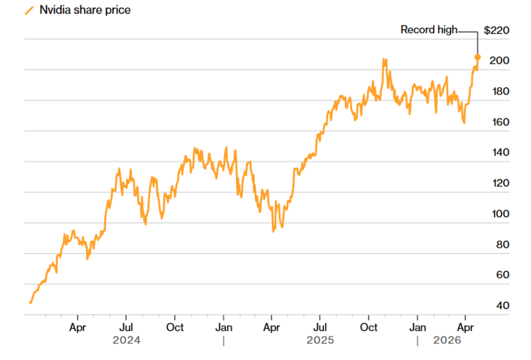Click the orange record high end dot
click(477, 57)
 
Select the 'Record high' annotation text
click(428, 30)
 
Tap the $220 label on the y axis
click(496, 30)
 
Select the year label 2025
click(320, 341)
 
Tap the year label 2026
click(447, 341)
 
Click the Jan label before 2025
click(224, 327)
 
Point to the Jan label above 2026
click(418, 327)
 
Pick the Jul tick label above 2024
click(126, 327)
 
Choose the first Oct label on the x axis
click(175, 327)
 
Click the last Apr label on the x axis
click(466, 327)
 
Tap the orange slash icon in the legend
click(29, 11)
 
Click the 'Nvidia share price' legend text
click(85, 10)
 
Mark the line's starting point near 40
click(30, 302)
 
